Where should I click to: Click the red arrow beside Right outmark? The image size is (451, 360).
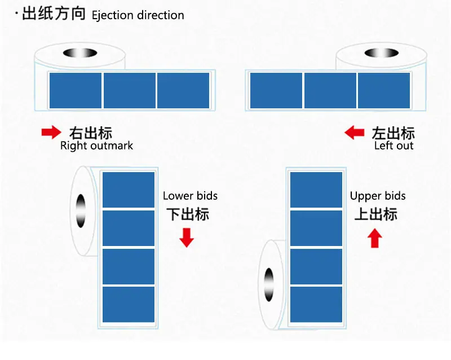51,132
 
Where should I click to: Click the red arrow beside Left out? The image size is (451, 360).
355,133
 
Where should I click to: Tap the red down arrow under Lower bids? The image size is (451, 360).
187,238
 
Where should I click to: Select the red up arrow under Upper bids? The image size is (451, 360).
374,238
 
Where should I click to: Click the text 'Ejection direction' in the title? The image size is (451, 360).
138,15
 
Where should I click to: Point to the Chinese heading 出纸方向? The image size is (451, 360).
54,14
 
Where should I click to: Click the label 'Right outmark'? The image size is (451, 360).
96,146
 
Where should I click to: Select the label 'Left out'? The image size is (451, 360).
393,146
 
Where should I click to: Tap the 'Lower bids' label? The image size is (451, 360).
190,196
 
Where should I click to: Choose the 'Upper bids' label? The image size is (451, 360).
378,196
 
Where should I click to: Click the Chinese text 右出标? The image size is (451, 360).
91,133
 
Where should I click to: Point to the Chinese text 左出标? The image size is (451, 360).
393,133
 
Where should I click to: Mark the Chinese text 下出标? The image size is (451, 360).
188,214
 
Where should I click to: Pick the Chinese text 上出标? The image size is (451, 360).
375,214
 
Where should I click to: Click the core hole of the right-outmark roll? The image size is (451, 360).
80,53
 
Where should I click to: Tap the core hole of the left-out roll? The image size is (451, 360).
382,53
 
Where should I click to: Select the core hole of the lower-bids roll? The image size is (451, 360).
81,211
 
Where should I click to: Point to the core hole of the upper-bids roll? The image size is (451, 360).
269,285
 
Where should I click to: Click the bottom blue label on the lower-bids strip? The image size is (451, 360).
129,304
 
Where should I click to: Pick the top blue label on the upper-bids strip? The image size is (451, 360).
316,190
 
